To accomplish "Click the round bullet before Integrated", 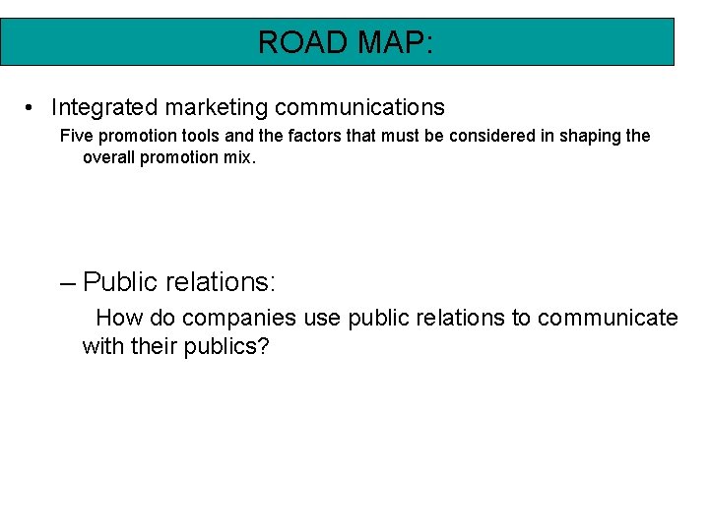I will click(32, 107).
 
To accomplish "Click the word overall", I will click(109, 157).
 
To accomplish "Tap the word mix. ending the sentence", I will click(239, 157).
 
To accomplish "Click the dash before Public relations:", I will click(67, 283).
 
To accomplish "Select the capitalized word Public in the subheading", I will click(120, 283).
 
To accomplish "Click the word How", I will click(119, 318).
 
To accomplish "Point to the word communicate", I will click(608, 318).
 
